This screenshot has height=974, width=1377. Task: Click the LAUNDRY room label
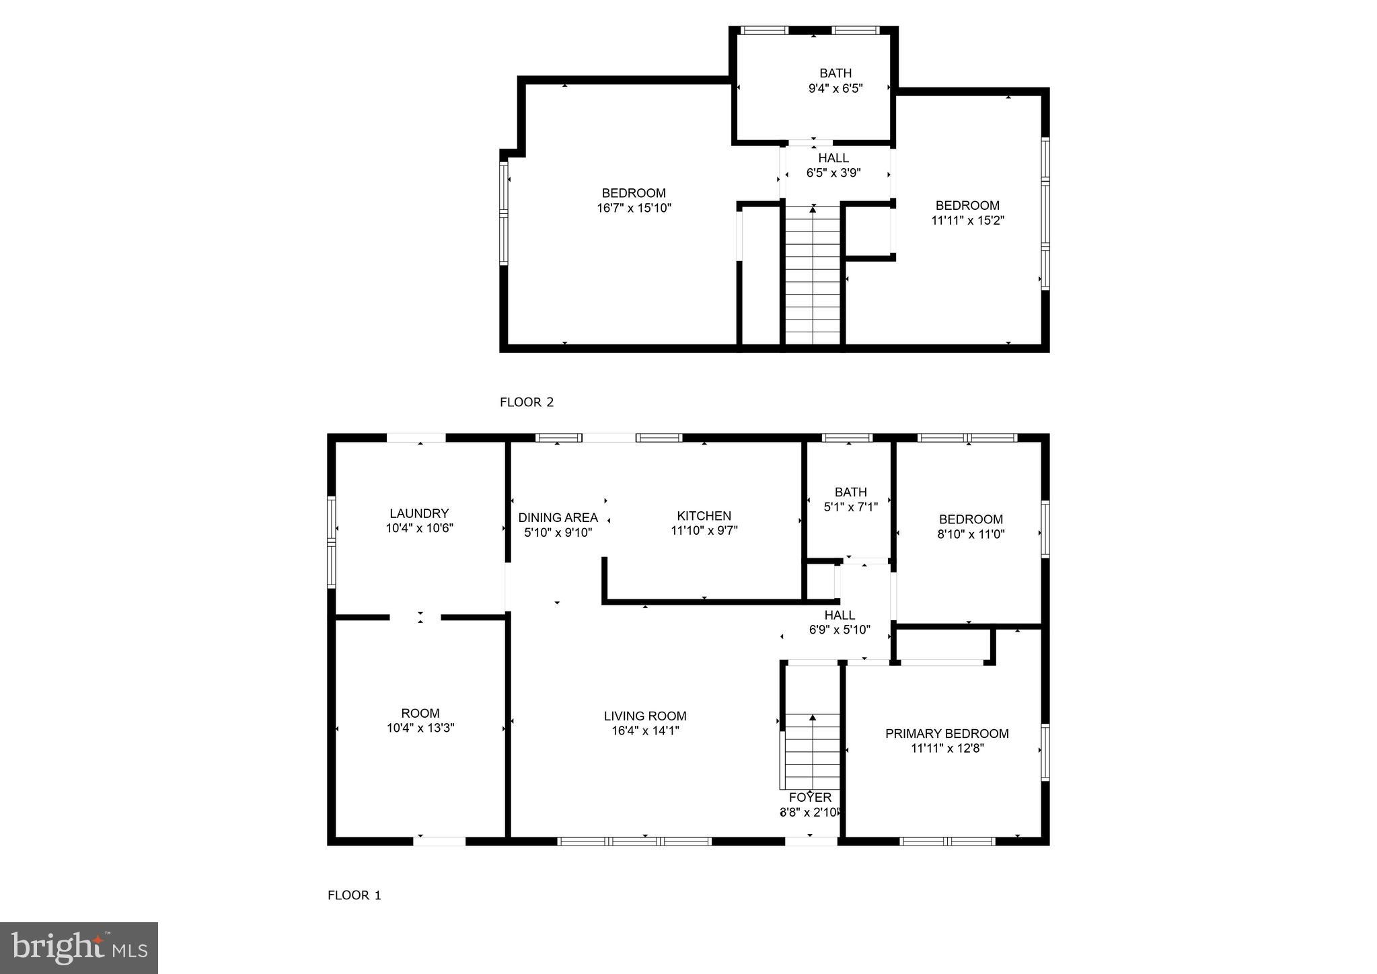click(x=419, y=513)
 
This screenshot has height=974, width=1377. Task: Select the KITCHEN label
click(x=704, y=516)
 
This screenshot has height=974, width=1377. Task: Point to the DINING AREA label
click(x=558, y=517)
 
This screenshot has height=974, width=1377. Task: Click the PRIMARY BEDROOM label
click(x=946, y=733)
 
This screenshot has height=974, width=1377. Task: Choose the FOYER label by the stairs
click(x=810, y=797)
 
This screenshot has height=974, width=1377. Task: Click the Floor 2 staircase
click(x=813, y=276)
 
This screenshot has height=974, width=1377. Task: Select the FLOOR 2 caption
click(x=526, y=402)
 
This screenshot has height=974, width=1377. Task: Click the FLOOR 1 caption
click(x=354, y=895)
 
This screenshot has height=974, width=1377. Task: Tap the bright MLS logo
click(x=79, y=948)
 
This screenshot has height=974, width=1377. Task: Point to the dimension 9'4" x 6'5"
click(x=835, y=88)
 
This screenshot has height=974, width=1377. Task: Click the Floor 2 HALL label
click(x=833, y=158)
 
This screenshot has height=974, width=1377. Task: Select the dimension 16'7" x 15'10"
click(x=634, y=209)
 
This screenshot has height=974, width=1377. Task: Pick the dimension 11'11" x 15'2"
click(x=967, y=220)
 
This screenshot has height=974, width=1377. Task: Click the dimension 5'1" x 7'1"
click(x=850, y=507)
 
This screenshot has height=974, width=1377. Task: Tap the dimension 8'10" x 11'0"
click(x=971, y=534)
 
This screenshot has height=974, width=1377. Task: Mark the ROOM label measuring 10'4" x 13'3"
click(x=420, y=713)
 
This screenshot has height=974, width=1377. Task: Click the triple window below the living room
click(x=634, y=841)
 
